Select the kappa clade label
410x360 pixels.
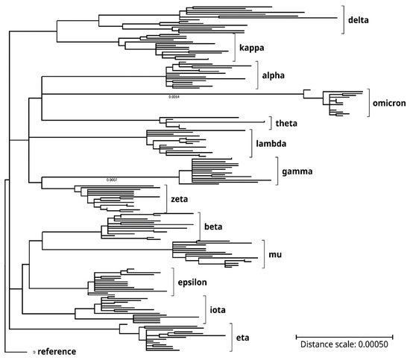pyautogui.click(x=252, y=48)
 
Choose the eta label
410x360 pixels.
pyautogui.click(x=242, y=338)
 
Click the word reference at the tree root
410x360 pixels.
pyautogui.click(x=60, y=351)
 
